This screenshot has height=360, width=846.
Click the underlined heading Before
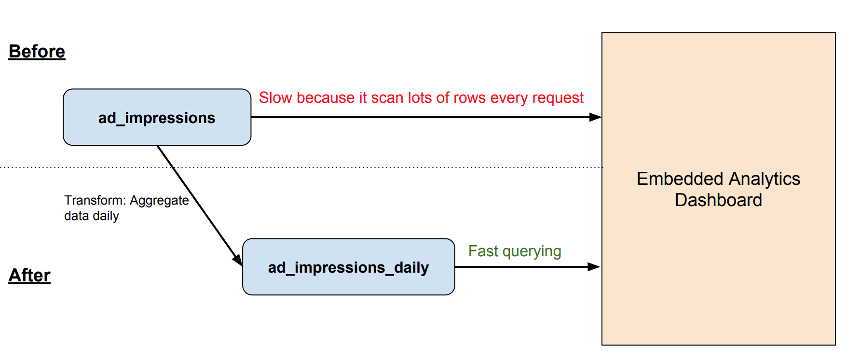coord(37,52)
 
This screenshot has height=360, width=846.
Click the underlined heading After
coord(29,276)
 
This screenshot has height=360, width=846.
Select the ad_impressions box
coord(157,118)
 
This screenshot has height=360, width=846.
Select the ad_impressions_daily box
coord(348,267)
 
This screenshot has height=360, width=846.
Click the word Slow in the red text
coord(275,98)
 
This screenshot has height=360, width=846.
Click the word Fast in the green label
coord(483,251)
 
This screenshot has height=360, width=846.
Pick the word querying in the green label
coord(532,252)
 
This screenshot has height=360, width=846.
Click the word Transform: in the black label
coord(95,200)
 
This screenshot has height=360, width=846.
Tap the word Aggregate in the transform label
coord(159,201)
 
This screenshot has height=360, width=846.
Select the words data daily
coord(91,216)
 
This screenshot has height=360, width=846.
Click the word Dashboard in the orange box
coord(718,200)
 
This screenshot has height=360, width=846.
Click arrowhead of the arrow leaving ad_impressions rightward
coord(596,117)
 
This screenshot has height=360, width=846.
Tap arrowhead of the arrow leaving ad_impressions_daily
coord(594,267)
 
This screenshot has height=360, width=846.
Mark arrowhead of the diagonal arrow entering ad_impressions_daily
coord(238,261)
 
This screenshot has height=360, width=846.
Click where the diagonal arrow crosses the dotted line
coord(173,167)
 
